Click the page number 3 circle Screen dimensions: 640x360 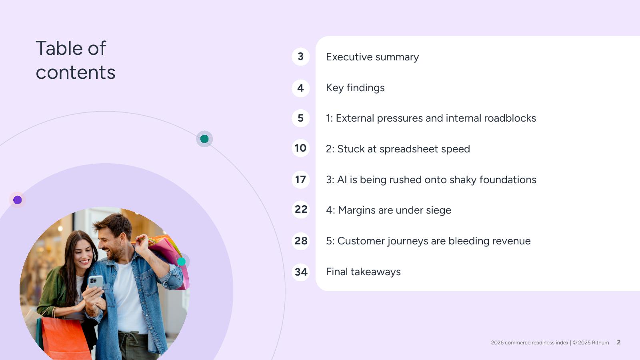(x=300, y=56)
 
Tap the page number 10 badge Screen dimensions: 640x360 (x=300, y=148)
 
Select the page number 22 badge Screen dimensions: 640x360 (x=300, y=210)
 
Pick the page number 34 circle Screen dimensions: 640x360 (x=300, y=272)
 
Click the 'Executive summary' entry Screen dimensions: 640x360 (x=372, y=57)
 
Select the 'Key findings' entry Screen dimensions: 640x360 (x=355, y=88)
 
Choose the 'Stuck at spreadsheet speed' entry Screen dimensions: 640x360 (x=398, y=149)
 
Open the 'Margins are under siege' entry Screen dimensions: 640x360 (x=388, y=210)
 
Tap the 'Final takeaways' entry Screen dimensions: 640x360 (x=363, y=272)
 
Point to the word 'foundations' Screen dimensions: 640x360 (x=508, y=180)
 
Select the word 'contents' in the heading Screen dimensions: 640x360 (x=76, y=72)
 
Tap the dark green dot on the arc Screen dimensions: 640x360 (x=204, y=139)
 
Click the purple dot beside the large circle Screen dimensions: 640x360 (x=18, y=200)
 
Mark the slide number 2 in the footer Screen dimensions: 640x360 (x=618, y=342)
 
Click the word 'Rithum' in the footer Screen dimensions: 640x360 (x=600, y=342)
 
